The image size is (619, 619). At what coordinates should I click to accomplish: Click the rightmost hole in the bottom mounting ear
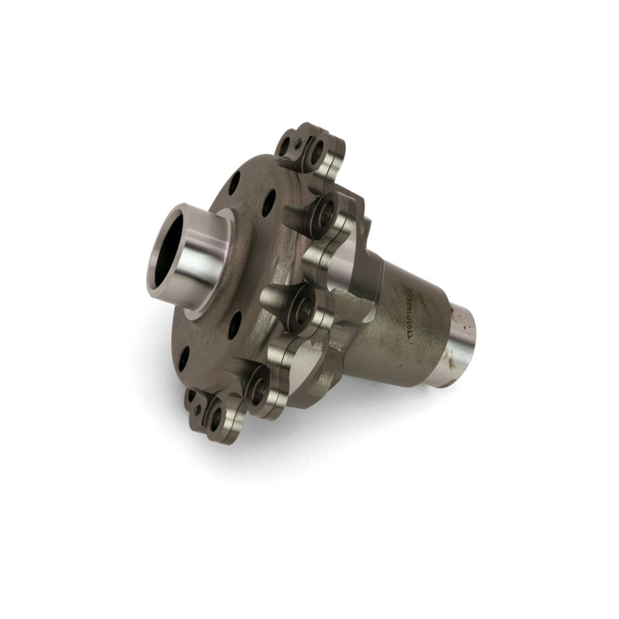point(216,417)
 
